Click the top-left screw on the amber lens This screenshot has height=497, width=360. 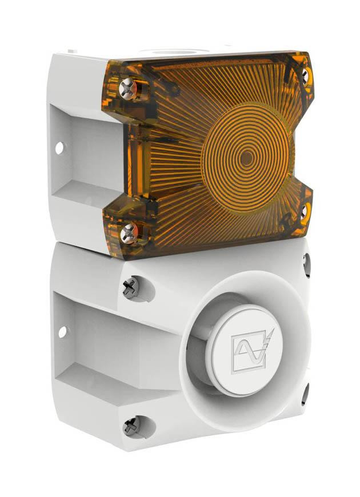[x=129, y=88]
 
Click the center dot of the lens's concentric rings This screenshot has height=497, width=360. [x=247, y=158]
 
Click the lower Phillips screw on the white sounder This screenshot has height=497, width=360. [x=131, y=425]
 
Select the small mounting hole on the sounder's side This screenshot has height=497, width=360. [x=61, y=332]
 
